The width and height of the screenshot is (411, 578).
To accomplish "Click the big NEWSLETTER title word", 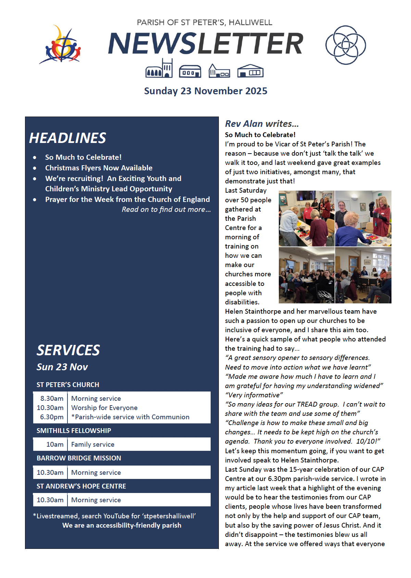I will [206, 44].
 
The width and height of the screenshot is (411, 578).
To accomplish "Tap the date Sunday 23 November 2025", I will [206, 91].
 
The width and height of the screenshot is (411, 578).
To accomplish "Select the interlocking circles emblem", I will [345, 45].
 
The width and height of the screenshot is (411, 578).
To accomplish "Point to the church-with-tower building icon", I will [159, 69].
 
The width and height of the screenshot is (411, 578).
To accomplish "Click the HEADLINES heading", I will [67, 138].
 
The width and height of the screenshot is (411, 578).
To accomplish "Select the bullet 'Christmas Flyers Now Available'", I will [99, 168].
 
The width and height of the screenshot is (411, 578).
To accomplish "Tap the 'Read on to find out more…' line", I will [166, 209].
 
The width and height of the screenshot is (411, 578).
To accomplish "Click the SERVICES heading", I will [68, 350].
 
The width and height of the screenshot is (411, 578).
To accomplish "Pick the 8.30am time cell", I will [52, 398].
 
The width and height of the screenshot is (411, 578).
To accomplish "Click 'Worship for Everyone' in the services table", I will [104, 408].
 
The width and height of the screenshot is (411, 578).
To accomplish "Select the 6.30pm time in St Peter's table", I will [52, 417].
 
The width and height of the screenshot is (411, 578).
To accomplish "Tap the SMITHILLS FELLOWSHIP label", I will [74, 431].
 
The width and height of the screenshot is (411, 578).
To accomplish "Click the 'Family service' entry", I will [92, 444].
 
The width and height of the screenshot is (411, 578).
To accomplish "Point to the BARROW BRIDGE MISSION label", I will [79, 458].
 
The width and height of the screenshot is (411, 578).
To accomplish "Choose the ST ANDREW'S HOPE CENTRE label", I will [81, 486].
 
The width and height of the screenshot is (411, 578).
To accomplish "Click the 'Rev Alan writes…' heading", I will [262, 123].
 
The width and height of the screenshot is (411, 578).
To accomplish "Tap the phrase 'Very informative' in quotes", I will [254, 395].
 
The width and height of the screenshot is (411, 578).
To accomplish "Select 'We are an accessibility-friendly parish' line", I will [122, 525].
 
